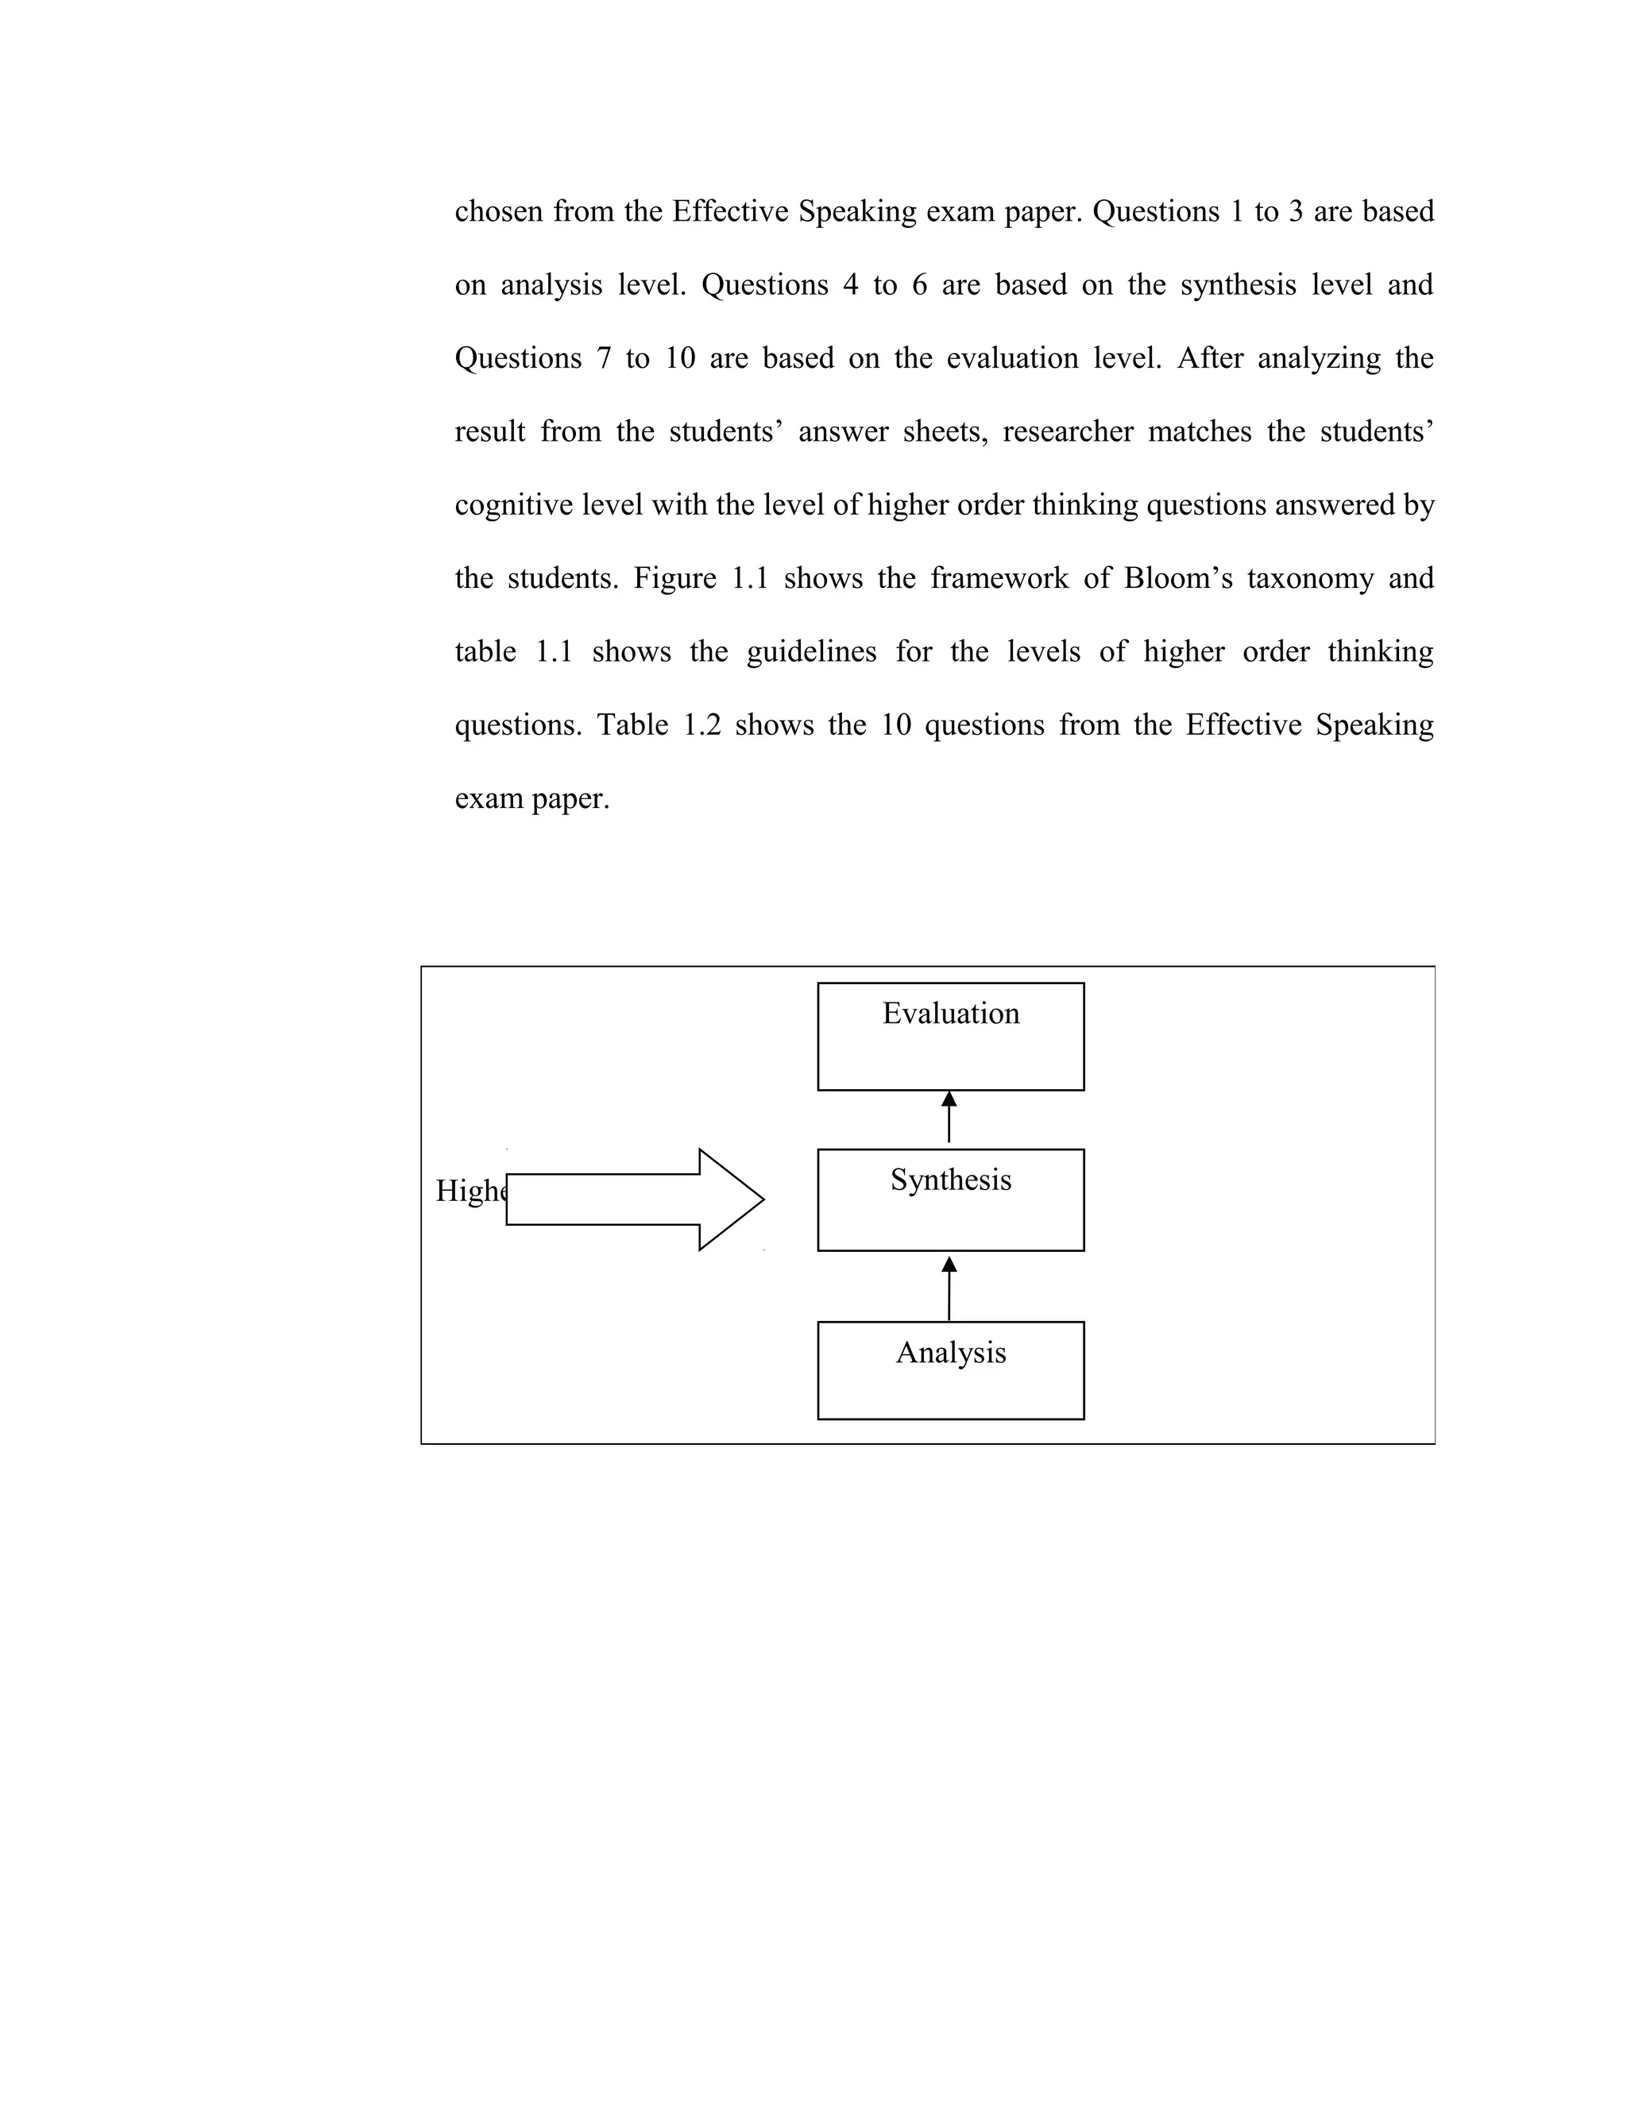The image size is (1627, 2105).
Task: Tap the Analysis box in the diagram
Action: (950, 1369)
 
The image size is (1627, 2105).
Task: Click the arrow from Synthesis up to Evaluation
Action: (949, 1118)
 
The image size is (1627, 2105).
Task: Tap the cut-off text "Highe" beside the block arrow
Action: (470, 1192)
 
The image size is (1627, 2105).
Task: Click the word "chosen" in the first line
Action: (498, 211)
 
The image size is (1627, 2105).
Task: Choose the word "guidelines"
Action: (812, 652)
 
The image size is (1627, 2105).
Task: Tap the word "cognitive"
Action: (514, 505)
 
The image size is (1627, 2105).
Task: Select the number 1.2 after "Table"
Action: (701, 724)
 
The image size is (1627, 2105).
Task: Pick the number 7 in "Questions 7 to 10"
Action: (605, 358)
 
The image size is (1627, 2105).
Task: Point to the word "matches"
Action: (1199, 432)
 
